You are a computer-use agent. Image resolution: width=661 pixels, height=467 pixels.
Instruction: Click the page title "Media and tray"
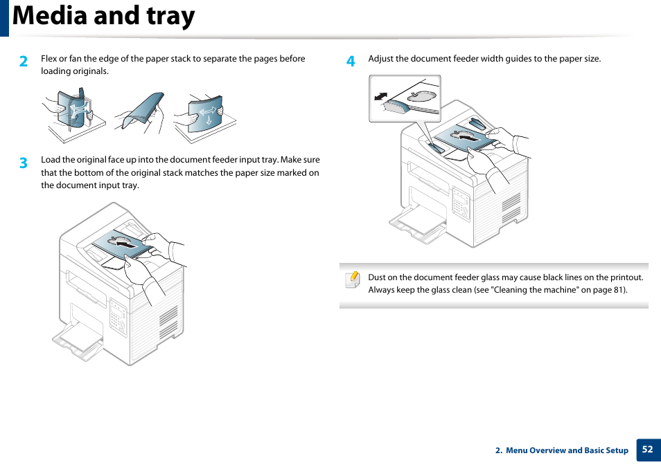click(x=104, y=17)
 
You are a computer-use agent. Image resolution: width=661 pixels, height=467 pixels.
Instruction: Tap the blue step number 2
click(x=24, y=62)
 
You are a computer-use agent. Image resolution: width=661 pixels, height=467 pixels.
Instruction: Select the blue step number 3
click(x=24, y=163)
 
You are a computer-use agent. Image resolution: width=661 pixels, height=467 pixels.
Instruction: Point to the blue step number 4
click(x=351, y=62)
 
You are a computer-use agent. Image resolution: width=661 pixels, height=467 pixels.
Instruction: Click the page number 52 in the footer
click(x=647, y=449)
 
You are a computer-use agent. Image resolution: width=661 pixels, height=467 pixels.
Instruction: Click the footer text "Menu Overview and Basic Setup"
click(x=566, y=450)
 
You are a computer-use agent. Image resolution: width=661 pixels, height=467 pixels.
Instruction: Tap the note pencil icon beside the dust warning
click(x=353, y=279)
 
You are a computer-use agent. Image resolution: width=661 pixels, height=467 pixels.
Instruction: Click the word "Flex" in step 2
click(x=49, y=59)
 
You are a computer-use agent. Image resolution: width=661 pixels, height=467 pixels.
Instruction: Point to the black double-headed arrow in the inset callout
click(x=380, y=96)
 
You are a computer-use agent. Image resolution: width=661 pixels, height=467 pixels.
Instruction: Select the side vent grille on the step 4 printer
click(x=511, y=207)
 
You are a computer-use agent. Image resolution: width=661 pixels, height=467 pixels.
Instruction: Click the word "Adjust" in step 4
click(x=380, y=59)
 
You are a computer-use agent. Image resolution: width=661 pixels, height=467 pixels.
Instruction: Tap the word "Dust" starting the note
click(x=377, y=277)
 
